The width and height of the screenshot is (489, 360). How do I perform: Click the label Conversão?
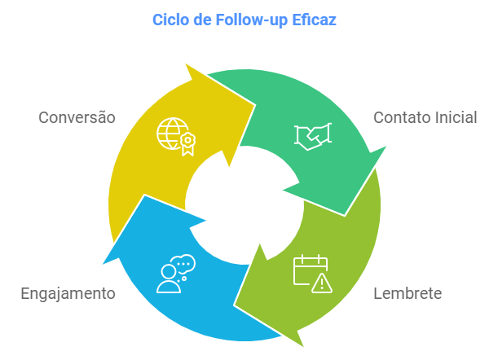77,117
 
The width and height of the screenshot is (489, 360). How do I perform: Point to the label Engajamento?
68,292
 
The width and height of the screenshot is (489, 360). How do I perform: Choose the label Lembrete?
407,292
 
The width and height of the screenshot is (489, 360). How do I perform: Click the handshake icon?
312,137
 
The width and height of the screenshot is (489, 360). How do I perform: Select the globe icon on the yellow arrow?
171,132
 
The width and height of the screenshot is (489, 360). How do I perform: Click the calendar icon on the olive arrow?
309,269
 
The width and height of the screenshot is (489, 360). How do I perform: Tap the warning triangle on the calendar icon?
322,283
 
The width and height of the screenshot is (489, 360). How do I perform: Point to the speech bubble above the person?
183,264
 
